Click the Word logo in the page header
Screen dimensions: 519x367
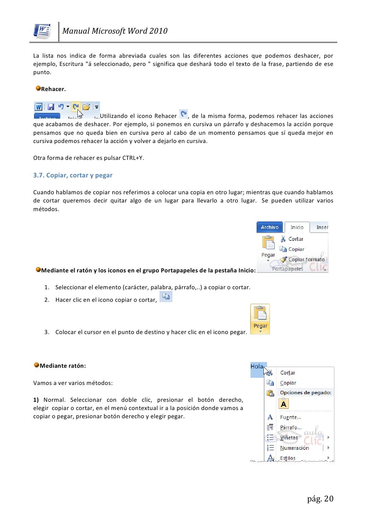[x=42, y=31]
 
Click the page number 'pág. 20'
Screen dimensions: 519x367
[x=320, y=499]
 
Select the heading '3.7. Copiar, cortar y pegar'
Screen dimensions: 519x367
[x=73, y=175]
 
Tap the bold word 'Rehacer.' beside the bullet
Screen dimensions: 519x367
[x=53, y=89]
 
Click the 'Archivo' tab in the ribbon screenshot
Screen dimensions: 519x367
[x=270, y=227]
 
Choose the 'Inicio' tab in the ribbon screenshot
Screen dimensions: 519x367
[x=297, y=227]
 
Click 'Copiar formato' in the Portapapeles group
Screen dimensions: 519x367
[x=306, y=259]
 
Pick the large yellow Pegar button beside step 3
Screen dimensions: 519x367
[x=260, y=319]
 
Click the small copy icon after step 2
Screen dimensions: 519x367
[x=166, y=296]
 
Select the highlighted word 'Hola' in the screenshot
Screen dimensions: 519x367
[x=257, y=366]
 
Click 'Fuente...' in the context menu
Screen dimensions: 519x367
[x=290, y=417]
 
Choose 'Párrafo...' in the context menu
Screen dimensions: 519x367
[x=291, y=428]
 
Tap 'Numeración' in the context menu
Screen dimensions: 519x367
[x=294, y=448]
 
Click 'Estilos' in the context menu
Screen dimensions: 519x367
[x=288, y=458]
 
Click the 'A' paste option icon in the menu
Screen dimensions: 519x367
[x=283, y=404]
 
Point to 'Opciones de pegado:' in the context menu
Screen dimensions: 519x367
[x=305, y=392]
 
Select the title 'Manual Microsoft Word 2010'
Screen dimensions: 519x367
[x=115, y=31]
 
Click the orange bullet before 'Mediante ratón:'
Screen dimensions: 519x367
[x=37, y=365]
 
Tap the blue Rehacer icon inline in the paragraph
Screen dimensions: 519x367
[x=183, y=114]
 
